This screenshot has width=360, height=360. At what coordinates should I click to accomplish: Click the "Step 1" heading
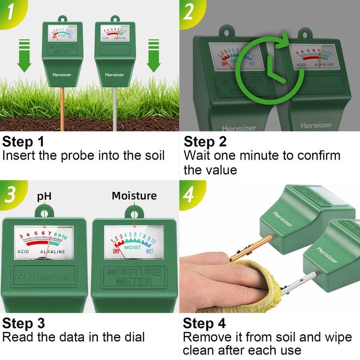(23, 142)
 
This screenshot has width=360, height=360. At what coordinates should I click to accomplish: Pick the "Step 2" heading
(205, 142)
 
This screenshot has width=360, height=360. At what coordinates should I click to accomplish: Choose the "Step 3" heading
(23, 324)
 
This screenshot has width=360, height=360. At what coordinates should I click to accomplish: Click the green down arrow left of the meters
(25, 55)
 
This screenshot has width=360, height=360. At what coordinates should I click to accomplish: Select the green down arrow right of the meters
(153, 55)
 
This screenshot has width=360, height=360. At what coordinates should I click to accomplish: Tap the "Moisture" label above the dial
(134, 196)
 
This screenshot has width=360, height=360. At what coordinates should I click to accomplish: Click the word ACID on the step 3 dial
(24, 252)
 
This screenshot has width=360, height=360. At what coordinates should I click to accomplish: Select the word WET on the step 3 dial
(149, 251)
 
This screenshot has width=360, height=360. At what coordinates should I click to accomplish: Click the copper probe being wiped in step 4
(245, 248)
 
